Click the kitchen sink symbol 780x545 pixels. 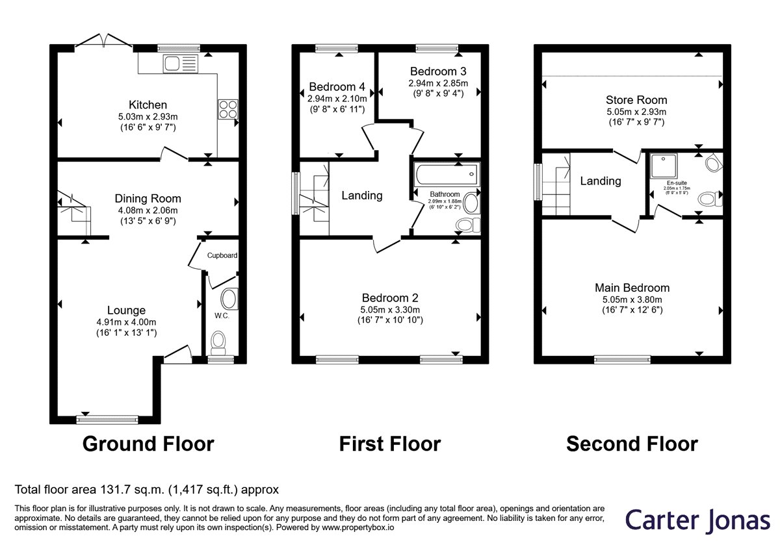181,64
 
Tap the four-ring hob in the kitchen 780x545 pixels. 228,109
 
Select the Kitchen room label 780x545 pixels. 148,105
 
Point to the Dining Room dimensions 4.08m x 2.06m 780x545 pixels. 148,210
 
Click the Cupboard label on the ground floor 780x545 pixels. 222,255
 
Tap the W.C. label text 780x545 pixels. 222,316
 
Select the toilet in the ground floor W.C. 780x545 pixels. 218,342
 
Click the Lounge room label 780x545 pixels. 126,310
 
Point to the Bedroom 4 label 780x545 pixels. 337,86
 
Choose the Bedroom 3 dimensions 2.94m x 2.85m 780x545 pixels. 438,84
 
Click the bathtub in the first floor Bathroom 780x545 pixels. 447,174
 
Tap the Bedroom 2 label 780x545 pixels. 390,298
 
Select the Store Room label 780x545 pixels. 636,100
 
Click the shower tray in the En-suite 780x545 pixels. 664,166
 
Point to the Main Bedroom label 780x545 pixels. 632,288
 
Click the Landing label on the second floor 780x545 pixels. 601,181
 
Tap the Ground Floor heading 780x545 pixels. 148,444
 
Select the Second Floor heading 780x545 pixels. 632,444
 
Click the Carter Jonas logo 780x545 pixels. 698,520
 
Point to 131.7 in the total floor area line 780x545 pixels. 114,490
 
